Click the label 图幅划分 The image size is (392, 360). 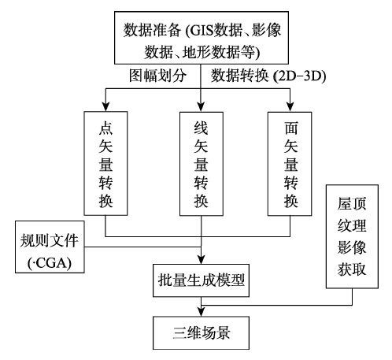(x=157, y=76)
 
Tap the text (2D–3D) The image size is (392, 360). (x=299, y=76)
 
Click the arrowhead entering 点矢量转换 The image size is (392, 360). (x=105, y=106)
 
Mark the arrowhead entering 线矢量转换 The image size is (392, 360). (x=201, y=107)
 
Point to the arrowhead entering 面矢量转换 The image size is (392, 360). (x=290, y=107)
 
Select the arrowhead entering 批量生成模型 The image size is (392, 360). (x=201, y=259)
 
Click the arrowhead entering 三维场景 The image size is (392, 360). (x=201, y=312)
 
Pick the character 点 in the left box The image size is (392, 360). (x=105, y=128)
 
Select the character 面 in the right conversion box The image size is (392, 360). (x=291, y=128)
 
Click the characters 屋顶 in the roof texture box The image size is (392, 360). (x=352, y=203)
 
